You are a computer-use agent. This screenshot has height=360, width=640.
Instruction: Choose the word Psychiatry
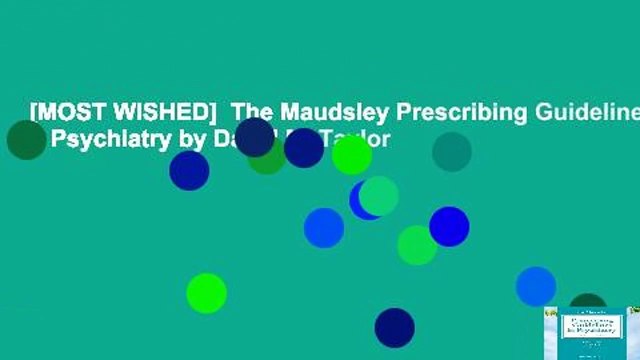click(106, 139)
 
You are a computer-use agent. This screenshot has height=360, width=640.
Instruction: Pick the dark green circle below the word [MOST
click(26, 140)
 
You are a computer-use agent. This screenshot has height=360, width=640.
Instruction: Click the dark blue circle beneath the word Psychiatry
click(189, 170)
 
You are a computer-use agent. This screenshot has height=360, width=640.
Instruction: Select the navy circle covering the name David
click(255, 137)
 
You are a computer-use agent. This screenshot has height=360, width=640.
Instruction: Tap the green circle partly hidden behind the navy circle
click(267, 158)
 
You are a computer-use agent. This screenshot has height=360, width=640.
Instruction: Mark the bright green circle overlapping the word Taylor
click(352, 154)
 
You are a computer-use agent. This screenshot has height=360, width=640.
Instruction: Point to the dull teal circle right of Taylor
click(452, 152)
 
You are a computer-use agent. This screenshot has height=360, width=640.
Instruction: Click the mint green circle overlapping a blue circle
click(379, 195)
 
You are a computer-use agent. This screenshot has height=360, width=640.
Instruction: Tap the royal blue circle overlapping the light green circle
click(449, 226)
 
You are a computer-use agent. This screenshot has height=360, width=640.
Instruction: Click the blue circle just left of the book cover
click(536, 286)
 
